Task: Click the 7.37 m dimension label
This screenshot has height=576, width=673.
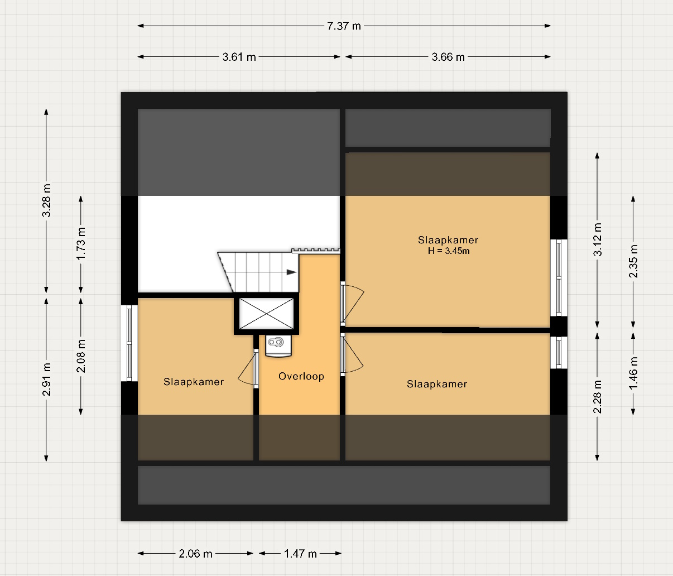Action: (x=344, y=26)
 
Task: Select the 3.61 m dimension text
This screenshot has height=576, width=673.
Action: (x=239, y=57)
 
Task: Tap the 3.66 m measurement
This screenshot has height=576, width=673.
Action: (x=448, y=57)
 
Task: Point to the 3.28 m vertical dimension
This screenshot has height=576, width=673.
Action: (x=46, y=200)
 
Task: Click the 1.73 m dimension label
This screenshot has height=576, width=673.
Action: (x=81, y=244)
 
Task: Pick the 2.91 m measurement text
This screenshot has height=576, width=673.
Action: (x=46, y=380)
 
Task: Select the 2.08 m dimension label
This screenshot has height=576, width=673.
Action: (x=81, y=356)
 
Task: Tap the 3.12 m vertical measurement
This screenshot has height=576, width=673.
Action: (x=598, y=239)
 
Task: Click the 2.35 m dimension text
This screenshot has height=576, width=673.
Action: (x=633, y=261)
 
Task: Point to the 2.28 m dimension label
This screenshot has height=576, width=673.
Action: (x=598, y=397)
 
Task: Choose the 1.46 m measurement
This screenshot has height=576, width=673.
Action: (x=633, y=373)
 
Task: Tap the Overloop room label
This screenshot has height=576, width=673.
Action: (x=301, y=376)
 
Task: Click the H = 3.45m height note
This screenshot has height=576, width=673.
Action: (x=449, y=251)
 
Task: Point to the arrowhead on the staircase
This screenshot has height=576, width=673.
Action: (x=291, y=272)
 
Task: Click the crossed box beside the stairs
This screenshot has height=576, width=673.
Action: (x=266, y=314)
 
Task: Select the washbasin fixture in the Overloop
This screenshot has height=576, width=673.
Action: (x=278, y=347)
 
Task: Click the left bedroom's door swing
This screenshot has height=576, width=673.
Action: (x=247, y=368)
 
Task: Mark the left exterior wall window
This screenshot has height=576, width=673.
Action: (x=129, y=343)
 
